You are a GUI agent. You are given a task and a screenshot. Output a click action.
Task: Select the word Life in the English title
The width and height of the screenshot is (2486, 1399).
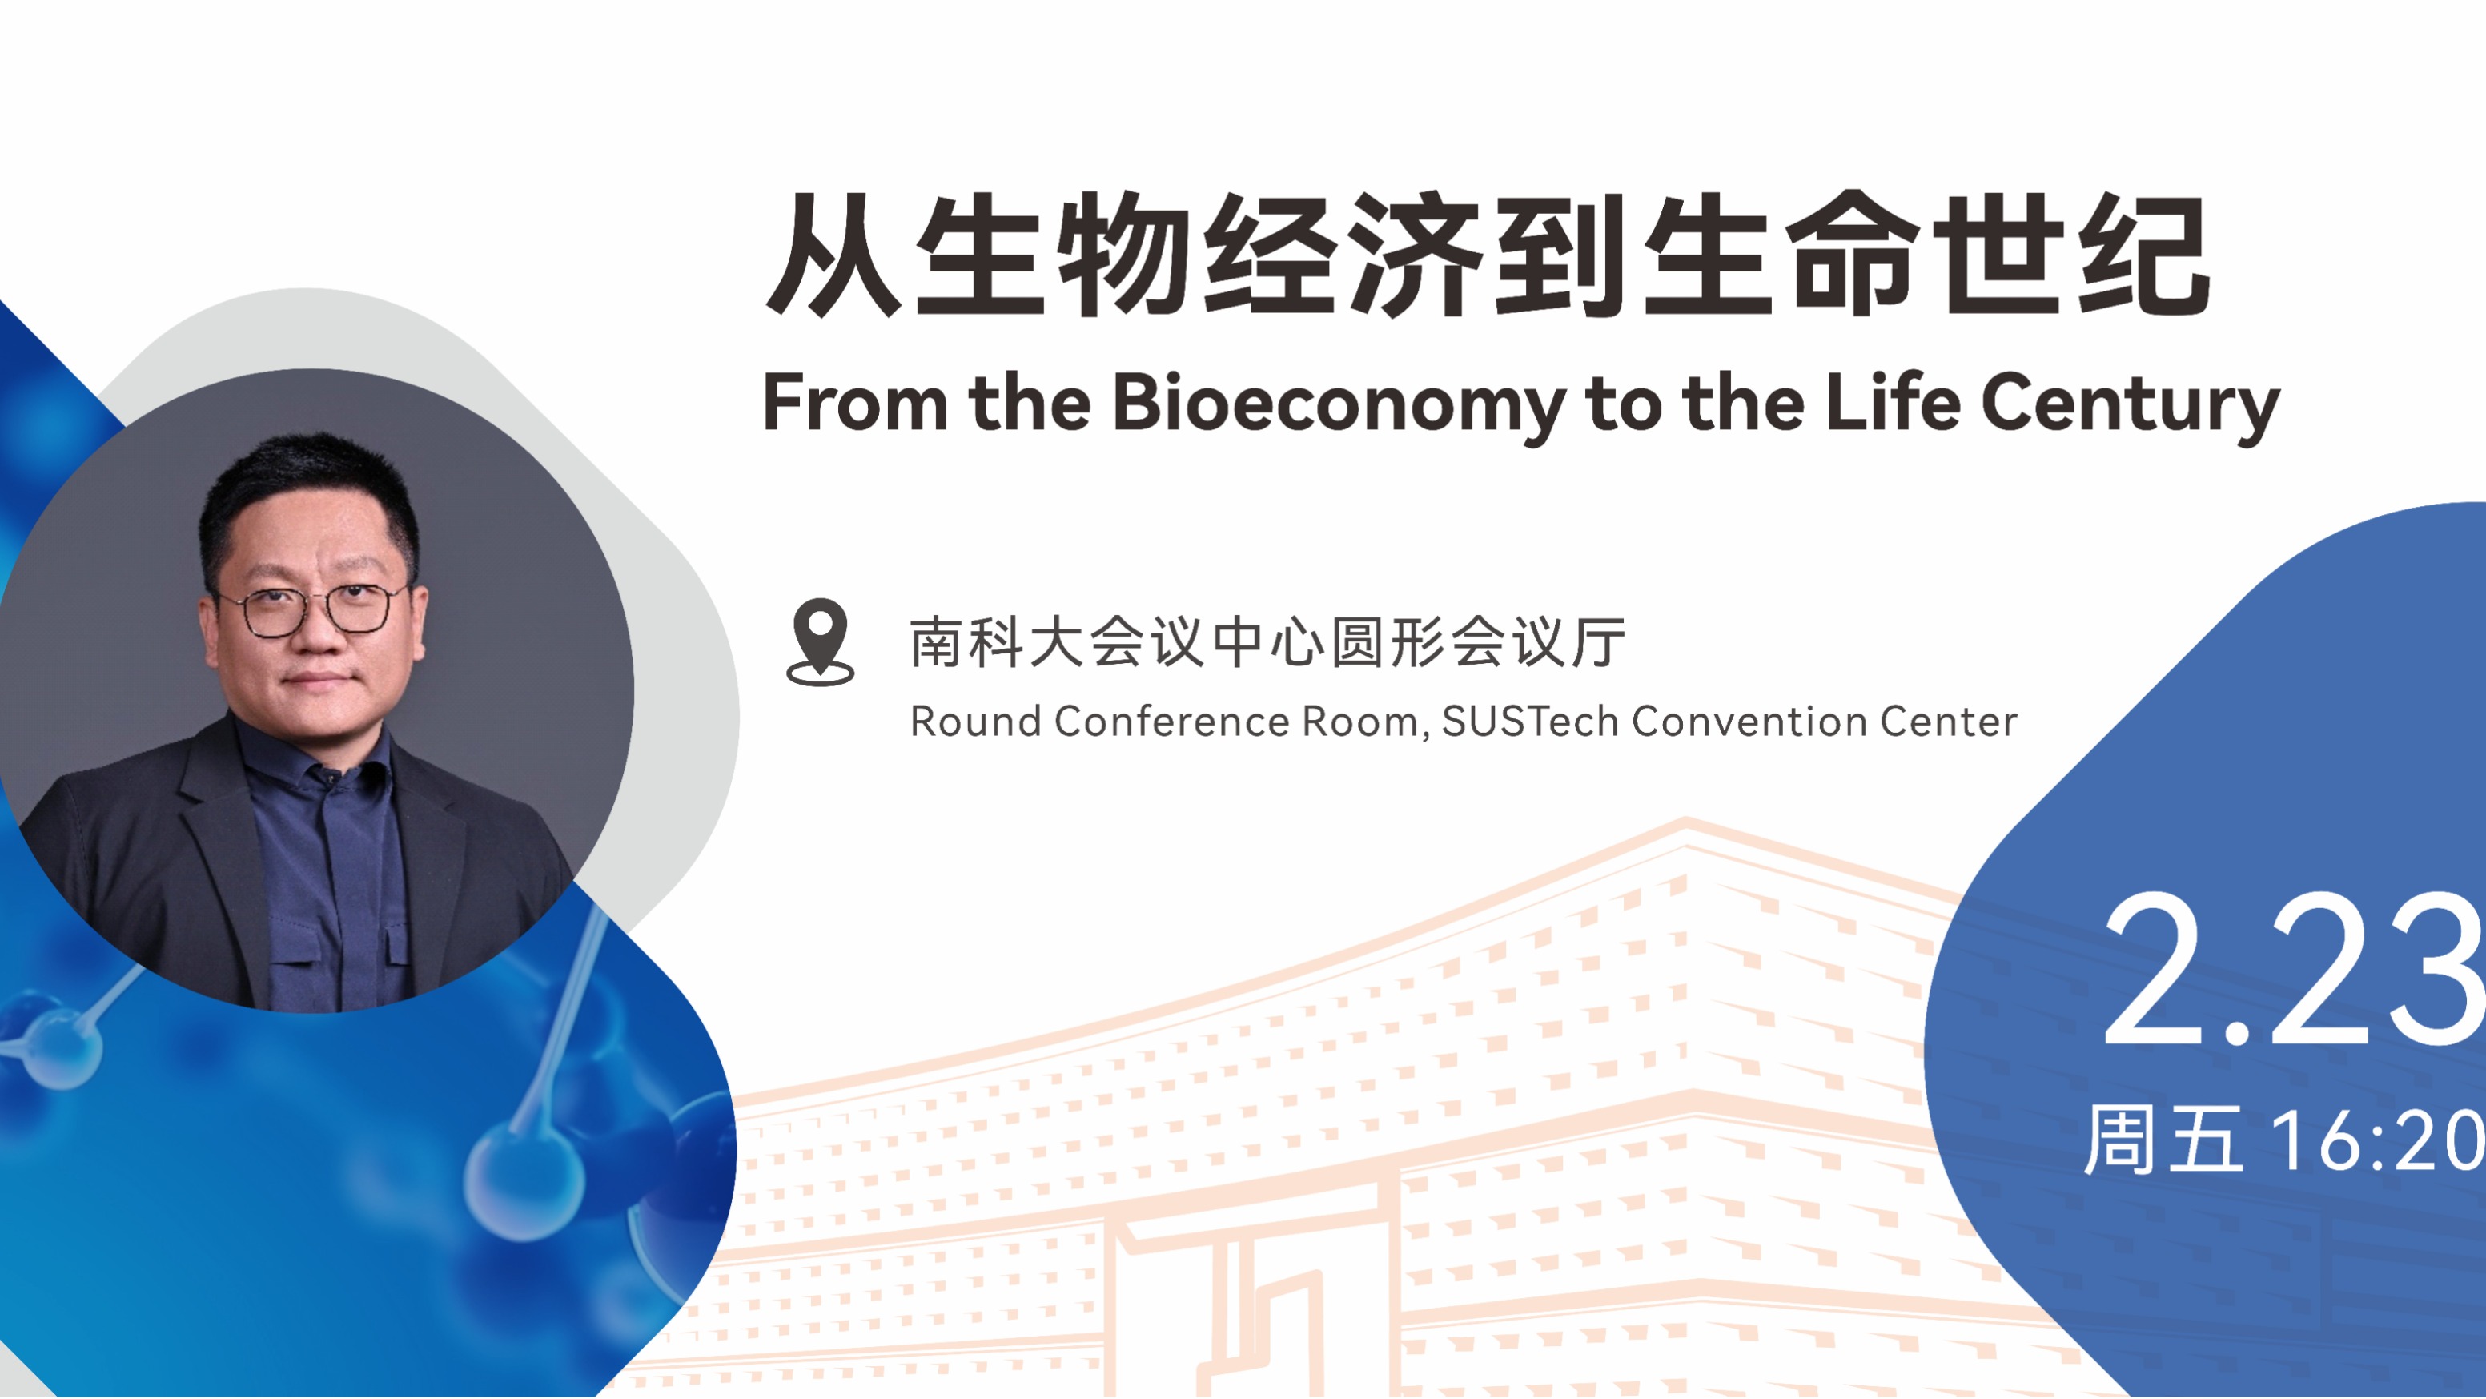pos(1893,402)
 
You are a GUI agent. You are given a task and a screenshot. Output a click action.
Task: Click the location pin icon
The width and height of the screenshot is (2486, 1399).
pos(821,641)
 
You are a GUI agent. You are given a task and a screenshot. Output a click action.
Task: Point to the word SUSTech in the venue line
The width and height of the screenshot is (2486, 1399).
pos(1529,722)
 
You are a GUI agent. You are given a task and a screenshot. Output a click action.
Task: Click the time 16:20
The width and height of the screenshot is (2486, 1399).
pos(2379,1141)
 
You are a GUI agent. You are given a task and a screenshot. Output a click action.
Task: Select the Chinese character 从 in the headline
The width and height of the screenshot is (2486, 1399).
pos(833,255)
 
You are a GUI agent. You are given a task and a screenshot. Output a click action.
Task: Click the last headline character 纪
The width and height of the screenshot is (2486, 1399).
pos(2144,255)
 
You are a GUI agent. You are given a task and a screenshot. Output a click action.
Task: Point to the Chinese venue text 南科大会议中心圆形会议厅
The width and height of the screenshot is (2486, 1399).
pos(1268,642)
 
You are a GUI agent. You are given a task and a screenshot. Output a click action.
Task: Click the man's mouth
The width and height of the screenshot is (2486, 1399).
pos(316,680)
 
